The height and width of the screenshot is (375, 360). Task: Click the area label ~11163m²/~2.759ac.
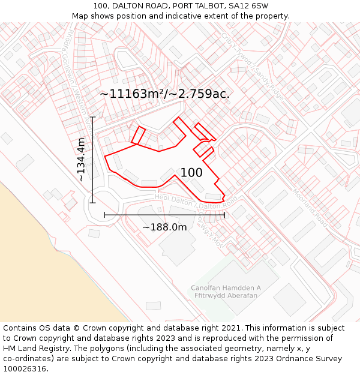(x=164, y=94)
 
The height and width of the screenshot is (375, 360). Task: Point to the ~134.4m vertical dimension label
(x=81, y=160)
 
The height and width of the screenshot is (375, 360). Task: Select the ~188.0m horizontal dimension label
(x=164, y=227)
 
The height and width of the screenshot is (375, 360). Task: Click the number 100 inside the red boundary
(x=191, y=173)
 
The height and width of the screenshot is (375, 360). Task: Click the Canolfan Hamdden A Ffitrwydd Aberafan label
(x=226, y=292)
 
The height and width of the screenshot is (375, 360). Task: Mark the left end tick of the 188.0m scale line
(x=105, y=214)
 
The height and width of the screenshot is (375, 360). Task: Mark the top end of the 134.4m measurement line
(x=92, y=117)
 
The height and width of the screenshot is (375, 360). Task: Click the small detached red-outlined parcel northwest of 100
(x=138, y=136)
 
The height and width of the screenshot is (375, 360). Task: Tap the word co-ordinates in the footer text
(x=28, y=359)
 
